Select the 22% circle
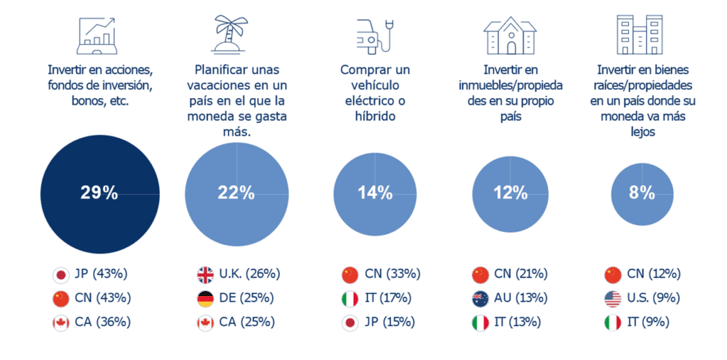click(x=237, y=192)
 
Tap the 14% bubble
click(x=375, y=192)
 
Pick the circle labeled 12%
click(x=510, y=192)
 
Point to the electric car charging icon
click(x=374, y=36)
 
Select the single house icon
click(x=510, y=35)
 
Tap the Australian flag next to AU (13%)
click(x=480, y=298)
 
